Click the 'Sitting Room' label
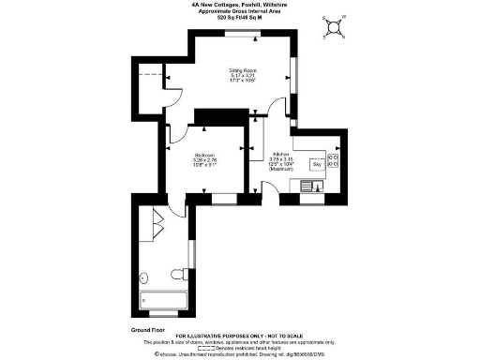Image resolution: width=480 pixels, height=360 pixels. click(243, 70)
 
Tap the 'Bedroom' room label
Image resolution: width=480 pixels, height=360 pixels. click(204, 155)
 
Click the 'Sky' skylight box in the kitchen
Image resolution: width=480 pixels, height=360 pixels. click(316, 165)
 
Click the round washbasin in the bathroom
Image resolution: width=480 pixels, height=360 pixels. click(142, 277)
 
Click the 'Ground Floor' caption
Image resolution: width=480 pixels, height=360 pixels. click(147, 331)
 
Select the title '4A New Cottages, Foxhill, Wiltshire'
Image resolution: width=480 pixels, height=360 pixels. click(240, 5)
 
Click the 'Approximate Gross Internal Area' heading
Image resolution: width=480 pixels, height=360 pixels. click(240, 11)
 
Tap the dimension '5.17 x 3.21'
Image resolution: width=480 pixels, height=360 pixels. click(243, 76)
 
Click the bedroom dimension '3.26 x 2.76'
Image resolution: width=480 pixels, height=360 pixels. click(204, 160)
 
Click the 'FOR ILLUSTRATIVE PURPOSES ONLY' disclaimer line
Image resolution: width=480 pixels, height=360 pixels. click(240, 333)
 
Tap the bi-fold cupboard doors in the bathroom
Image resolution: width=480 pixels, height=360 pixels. click(157, 225)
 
